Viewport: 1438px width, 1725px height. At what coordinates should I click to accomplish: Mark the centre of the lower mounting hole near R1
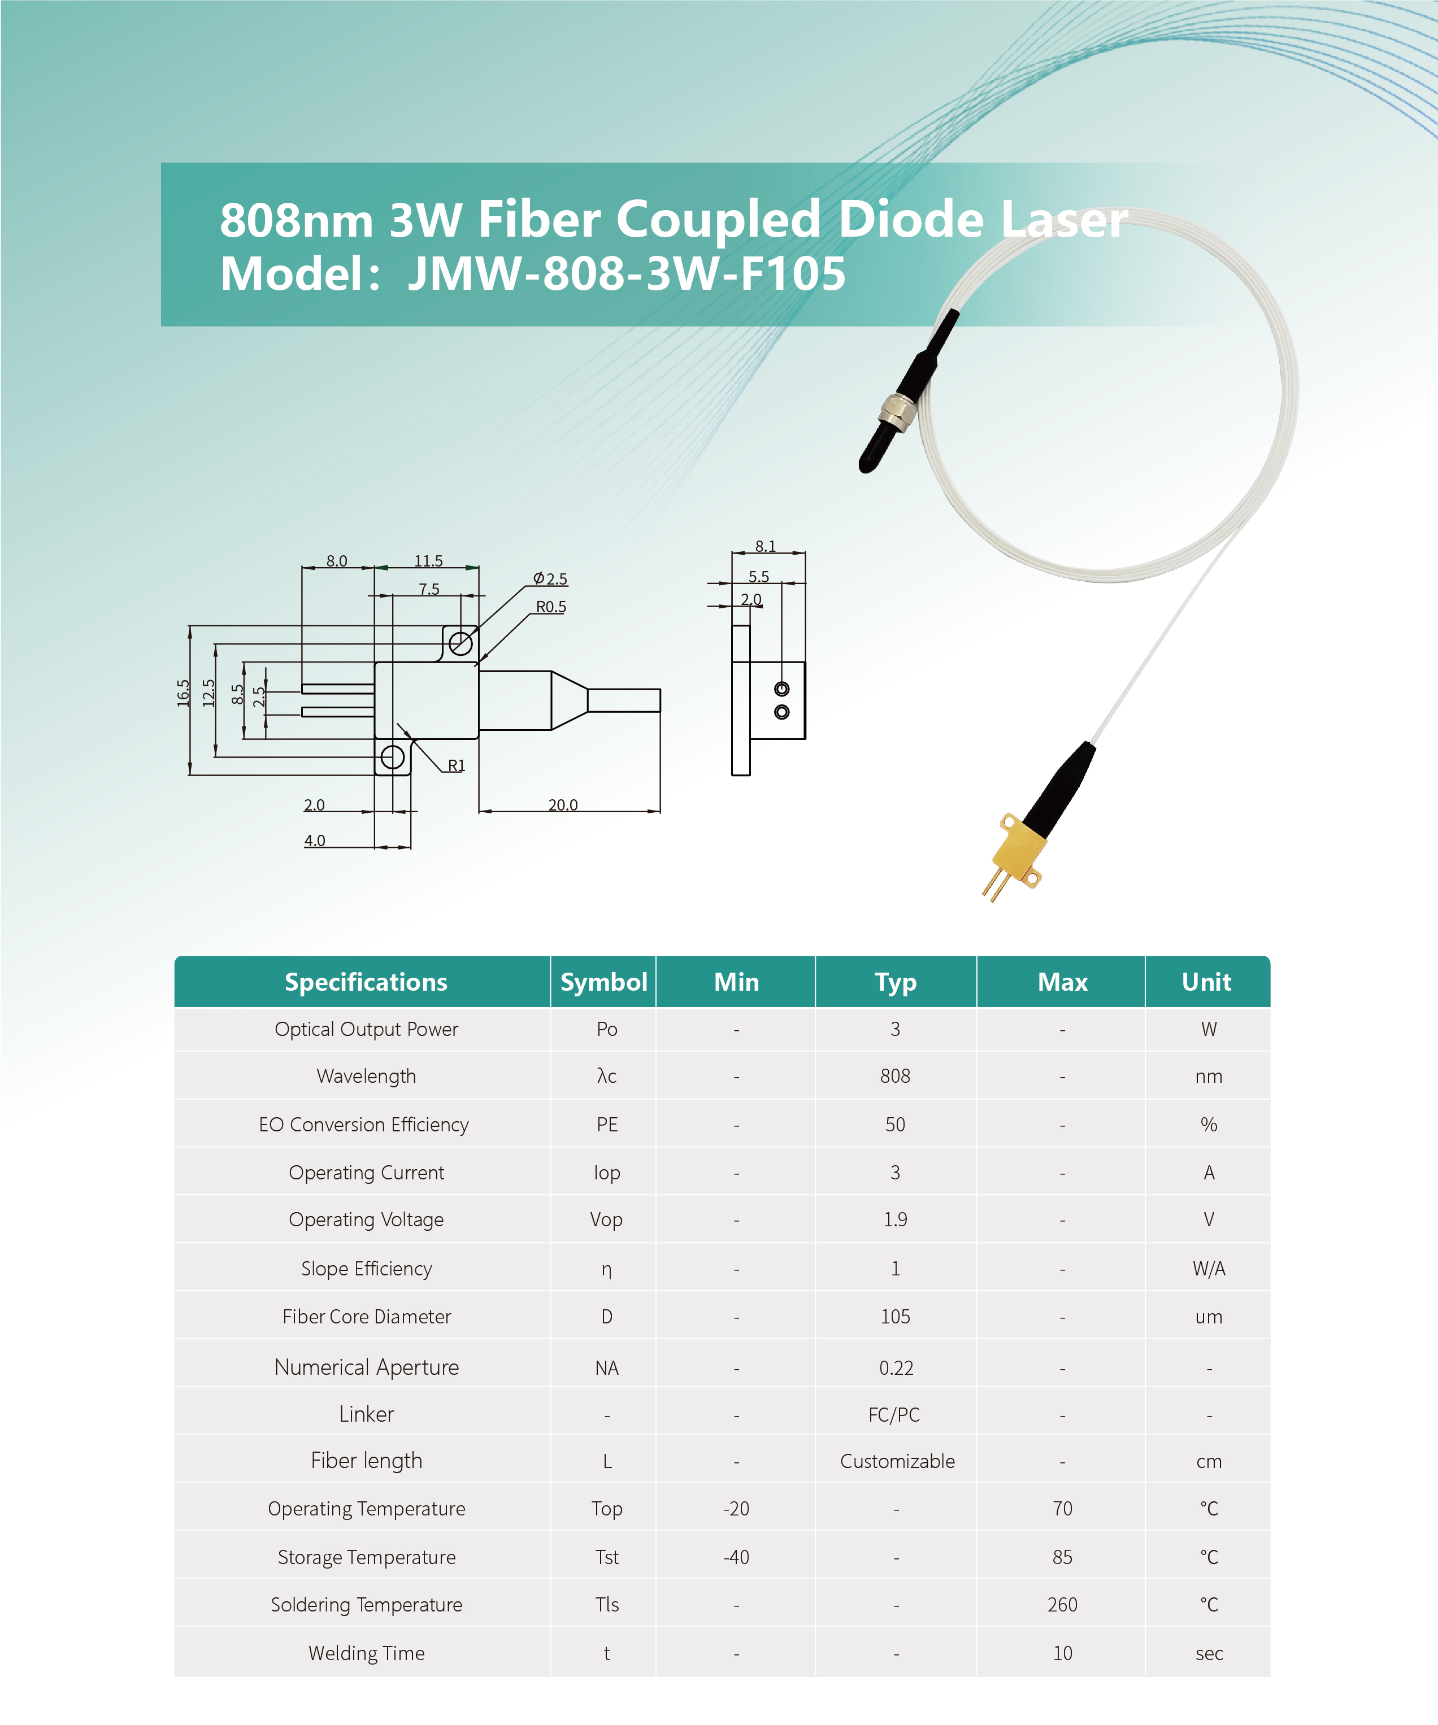393,756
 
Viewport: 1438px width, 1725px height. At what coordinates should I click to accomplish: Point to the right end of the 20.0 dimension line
660,811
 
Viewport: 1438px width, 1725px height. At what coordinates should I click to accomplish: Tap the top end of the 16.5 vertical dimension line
190,626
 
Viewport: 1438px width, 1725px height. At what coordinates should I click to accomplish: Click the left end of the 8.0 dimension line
302,568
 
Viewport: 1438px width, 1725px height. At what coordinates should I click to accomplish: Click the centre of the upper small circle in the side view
781,689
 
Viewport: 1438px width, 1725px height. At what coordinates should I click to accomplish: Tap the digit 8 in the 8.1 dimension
760,546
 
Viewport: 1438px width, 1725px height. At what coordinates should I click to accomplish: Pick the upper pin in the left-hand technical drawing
338,689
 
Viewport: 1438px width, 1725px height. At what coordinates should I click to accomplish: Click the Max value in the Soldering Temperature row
1062,1604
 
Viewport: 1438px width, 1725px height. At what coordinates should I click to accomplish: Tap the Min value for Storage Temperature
736,1557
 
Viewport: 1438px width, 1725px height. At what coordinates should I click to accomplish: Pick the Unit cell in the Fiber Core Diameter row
1209,1317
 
